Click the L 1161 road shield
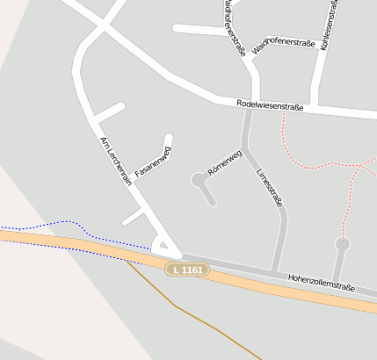(188, 270)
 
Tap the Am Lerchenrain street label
(116, 162)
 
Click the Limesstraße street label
(269, 187)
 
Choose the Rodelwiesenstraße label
(271, 106)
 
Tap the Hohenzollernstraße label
(321, 281)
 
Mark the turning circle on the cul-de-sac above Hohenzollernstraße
(343, 243)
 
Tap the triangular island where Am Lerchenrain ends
(163, 246)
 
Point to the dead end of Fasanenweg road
(169, 137)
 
